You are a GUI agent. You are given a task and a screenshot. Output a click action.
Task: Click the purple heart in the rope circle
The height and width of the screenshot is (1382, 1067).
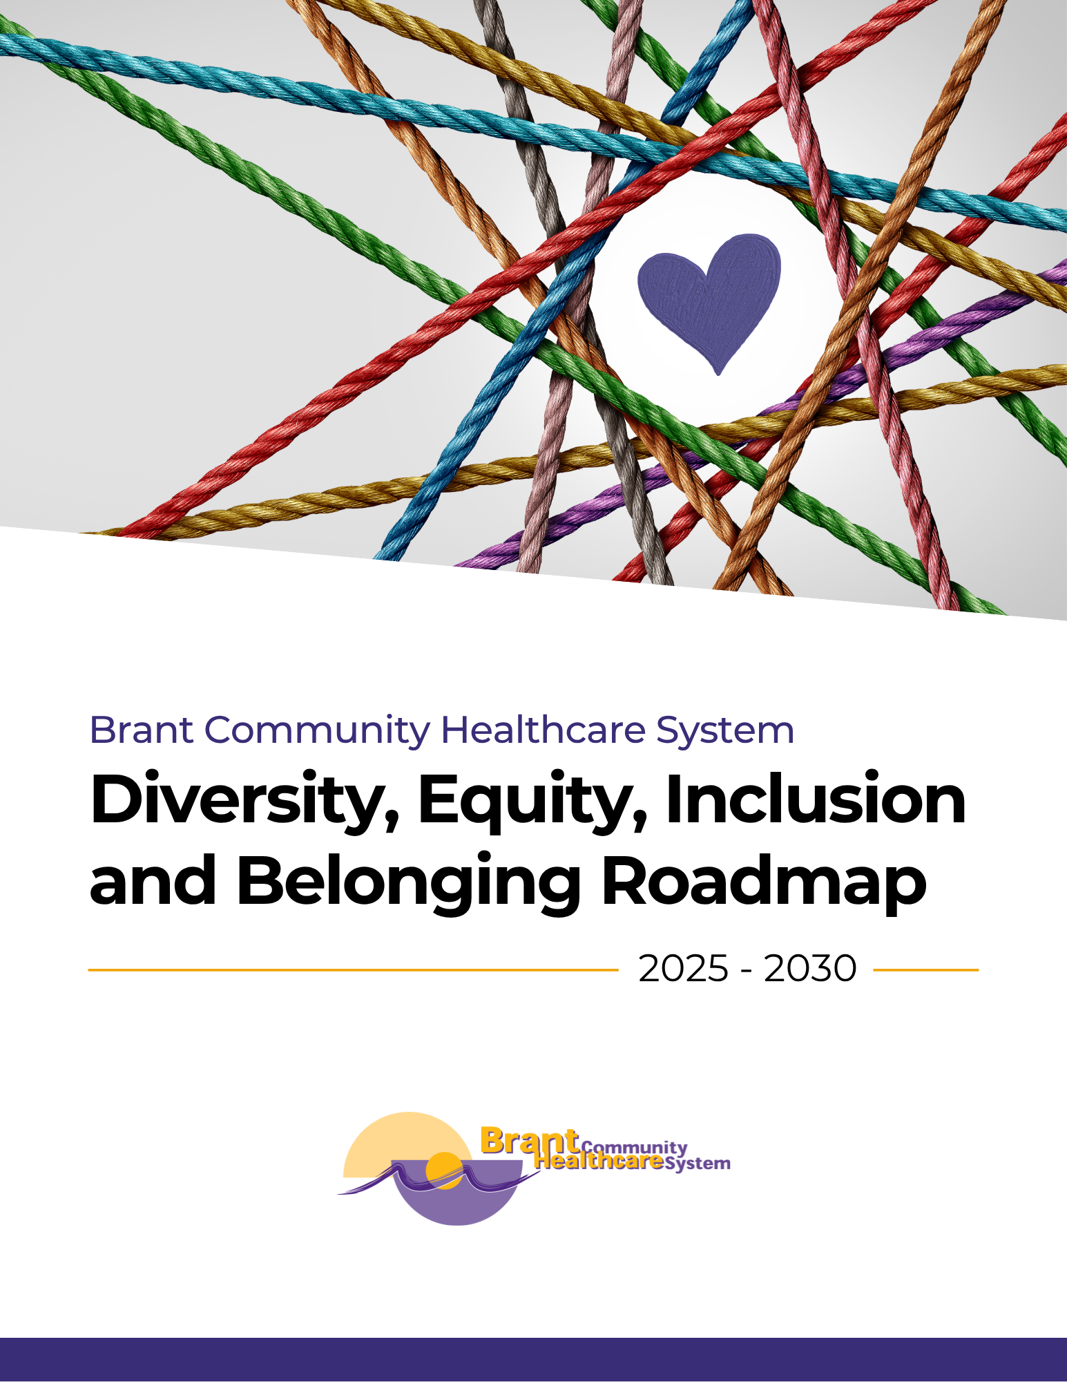[709, 301]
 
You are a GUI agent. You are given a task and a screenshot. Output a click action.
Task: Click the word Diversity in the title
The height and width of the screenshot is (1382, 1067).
[246, 802]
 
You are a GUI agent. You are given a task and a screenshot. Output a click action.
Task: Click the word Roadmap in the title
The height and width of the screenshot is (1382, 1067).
[764, 882]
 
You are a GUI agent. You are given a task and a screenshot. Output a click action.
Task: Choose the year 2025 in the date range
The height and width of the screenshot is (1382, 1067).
[683, 969]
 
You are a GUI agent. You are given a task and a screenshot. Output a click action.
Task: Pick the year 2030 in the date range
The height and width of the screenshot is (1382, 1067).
[811, 969]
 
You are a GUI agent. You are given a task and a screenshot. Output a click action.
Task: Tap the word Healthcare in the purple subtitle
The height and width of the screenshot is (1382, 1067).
[543, 730]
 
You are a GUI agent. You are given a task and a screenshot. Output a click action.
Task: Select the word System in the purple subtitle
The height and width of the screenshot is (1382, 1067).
[725, 732]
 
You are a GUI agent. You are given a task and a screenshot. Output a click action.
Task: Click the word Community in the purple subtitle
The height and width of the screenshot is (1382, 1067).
[317, 732]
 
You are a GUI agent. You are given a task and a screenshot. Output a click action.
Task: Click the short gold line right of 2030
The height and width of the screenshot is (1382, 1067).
[926, 969]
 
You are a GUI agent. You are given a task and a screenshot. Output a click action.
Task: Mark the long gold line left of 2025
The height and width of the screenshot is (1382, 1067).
[353, 969]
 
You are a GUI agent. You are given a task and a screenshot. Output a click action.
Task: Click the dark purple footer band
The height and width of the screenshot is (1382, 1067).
[533, 1359]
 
